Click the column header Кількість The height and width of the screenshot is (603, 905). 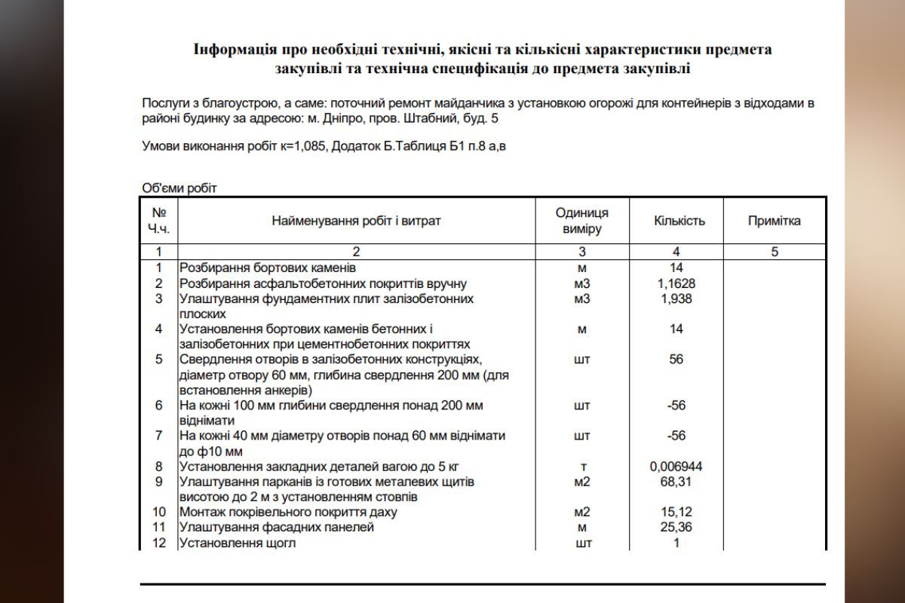[x=679, y=221]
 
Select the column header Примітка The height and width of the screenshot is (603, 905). [x=774, y=221]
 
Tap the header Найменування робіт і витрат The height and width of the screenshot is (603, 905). [x=356, y=221]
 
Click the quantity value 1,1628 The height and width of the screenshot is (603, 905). [x=676, y=283]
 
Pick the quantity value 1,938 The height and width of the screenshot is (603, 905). [x=676, y=298]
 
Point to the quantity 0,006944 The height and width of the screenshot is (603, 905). [x=676, y=467]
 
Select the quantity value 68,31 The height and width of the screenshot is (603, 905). [x=676, y=482]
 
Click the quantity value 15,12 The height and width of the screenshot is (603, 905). [x=676, y=512]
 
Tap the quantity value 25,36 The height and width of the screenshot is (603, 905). [x=676, y=528]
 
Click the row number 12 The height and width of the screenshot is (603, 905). [x=158, y=543]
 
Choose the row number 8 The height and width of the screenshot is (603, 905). [x=158, y=467]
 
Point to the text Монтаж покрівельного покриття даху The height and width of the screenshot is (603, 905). [x=287, y=513]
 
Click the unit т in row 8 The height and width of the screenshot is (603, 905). [x=581, y=467]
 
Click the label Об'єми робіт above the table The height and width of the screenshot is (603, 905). [x=179, y=188]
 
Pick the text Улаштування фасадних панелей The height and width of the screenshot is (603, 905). [x=276, y=528]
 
